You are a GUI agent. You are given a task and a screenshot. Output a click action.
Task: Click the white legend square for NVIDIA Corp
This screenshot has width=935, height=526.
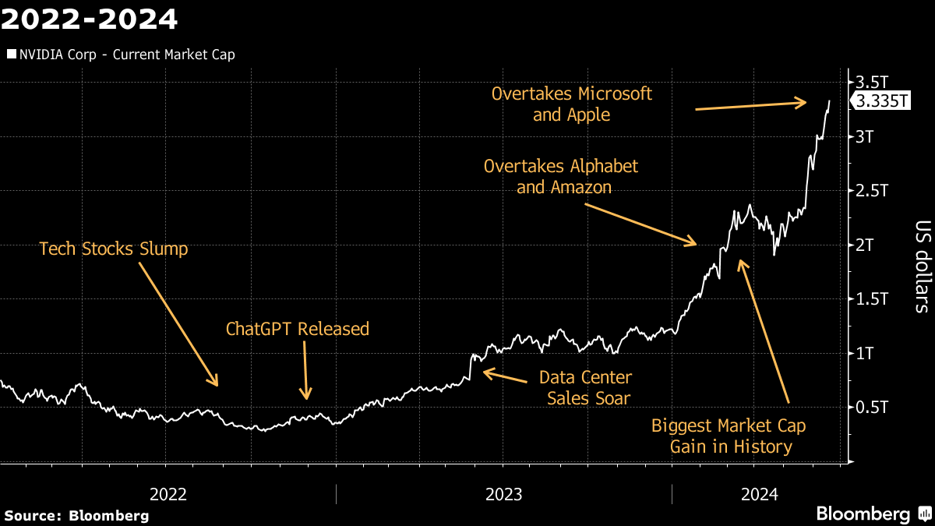tap(10, 55)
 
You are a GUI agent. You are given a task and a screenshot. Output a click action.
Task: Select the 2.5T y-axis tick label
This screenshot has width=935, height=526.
tap(873, 191)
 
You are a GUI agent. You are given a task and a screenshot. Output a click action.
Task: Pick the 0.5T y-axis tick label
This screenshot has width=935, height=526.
tap(873, 407)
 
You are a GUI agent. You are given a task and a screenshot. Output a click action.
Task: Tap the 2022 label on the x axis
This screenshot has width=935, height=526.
tap(168, 494)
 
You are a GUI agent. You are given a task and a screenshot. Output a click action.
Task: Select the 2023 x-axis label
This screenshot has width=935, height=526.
tap(504, 494)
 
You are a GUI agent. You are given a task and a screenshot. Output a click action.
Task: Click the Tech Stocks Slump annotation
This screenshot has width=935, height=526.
tap(114, 249)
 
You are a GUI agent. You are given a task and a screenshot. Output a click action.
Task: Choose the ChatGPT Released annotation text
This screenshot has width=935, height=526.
tap(298, 329)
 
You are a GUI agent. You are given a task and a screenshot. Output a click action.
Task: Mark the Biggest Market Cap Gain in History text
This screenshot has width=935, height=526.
tap(728, 436)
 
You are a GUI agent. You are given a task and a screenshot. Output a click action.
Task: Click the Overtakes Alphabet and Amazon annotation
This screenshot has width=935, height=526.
tap(561, 176)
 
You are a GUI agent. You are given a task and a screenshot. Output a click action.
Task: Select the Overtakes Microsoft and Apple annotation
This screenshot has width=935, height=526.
tap(572, 104)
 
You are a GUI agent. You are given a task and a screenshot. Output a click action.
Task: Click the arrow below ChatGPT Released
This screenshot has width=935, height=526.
tap(306, 370)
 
